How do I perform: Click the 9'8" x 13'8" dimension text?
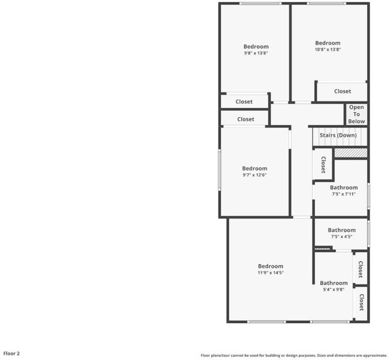256,53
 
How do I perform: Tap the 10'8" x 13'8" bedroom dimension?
327,49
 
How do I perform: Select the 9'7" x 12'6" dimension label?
255,175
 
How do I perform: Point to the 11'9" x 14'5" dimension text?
270,272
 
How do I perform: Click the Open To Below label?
356,114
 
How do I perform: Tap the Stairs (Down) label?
338,135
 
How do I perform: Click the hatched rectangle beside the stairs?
351,153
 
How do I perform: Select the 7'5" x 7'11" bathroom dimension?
344,194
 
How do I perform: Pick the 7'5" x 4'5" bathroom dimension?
342,236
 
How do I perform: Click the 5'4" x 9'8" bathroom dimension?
333,290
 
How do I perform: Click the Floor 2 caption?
11,353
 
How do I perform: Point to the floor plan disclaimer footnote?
294,355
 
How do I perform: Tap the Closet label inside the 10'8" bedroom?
342,91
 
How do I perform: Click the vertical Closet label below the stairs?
323,164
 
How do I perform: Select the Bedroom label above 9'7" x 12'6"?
255,169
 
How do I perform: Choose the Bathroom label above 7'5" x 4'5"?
342,230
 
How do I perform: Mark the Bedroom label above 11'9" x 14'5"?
270,266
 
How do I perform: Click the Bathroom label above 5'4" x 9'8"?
333,283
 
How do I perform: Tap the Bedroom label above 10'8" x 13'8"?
327,43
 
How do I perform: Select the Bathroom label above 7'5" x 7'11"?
344,188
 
